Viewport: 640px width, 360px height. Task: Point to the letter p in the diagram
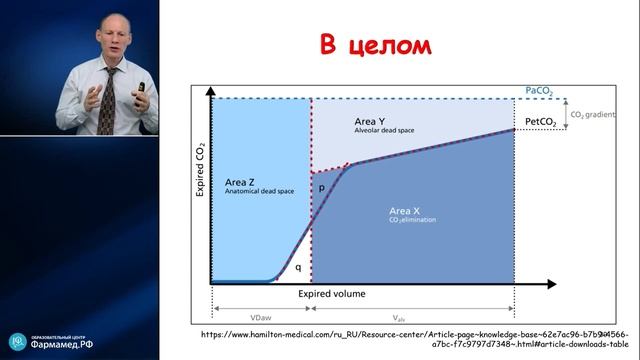pos(322,187)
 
